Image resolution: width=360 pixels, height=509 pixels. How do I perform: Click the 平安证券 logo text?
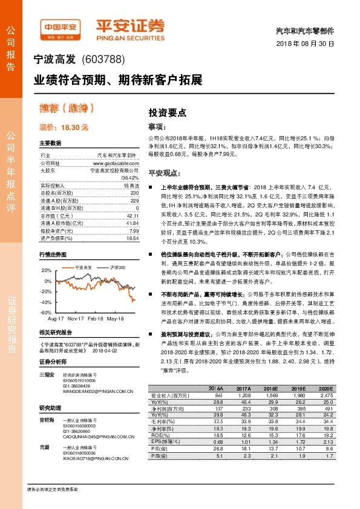[130, 25]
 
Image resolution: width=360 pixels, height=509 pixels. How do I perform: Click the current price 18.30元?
[64, 128]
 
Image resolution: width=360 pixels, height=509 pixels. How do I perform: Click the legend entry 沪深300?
[117, 267]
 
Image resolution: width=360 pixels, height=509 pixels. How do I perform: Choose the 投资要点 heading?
[168, 113]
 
